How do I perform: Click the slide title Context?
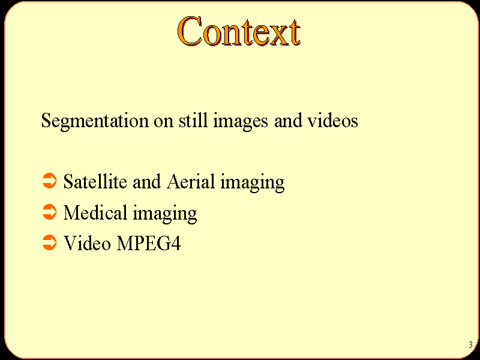click(239, 31)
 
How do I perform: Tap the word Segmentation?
click(95, 121)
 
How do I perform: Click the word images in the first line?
click(241, 121)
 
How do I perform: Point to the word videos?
click(333, 120)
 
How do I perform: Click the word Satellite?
click(95, 181)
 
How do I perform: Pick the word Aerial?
click(191, 181)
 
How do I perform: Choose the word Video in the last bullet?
click(87, 243)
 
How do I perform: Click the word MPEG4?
click(149, 243)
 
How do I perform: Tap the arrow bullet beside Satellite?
click(49, 181)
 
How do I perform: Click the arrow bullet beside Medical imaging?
click(49, 212)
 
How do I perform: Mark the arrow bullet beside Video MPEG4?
click(49, 243)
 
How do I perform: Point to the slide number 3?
click(470, 344)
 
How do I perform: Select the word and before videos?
click(288, 120)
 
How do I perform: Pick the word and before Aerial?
click(146, 181)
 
